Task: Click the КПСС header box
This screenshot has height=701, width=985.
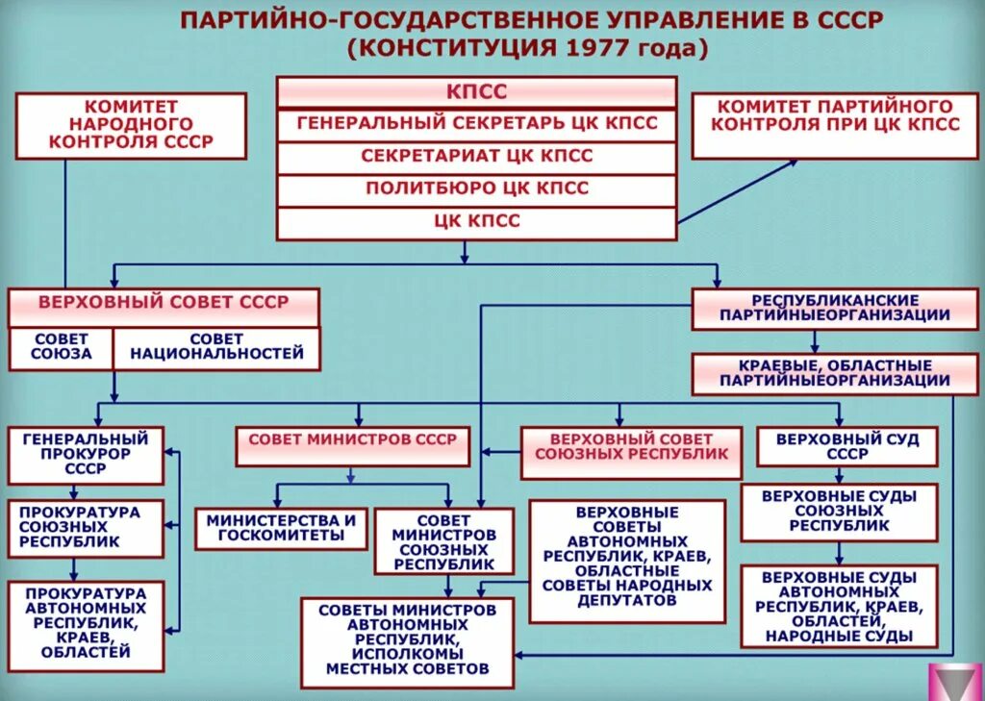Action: point(477,92)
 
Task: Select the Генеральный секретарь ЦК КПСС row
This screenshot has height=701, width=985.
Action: point(477,124)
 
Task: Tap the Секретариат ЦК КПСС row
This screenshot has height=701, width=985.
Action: point(477,156)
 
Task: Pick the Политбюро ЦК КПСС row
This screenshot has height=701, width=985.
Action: point(477,188)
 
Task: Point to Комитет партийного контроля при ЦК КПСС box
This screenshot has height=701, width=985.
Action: point(835,125)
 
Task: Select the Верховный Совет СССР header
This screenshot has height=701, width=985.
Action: point(164,304)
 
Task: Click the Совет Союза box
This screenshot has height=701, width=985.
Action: point(61,347)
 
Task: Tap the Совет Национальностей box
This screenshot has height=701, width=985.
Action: point(216,347)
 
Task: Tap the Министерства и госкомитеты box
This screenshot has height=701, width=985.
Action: point(281,528)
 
